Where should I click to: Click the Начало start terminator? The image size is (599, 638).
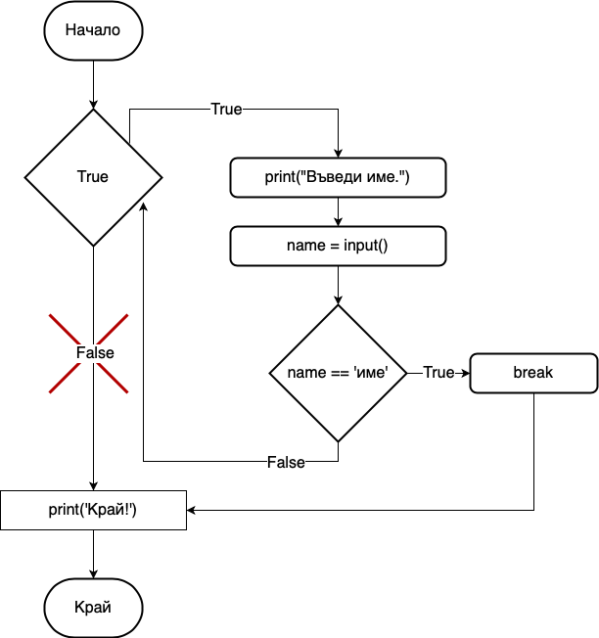[x=93, y=29]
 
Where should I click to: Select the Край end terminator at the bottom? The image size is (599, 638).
[x=93, y=607]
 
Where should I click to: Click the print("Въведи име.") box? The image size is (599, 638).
[x=338, y=177]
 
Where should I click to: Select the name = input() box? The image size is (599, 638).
[x=338, y=246]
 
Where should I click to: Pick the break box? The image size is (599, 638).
[x=533, y=373]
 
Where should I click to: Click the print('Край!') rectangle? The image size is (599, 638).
[x=93, y=510]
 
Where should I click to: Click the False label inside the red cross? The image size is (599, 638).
[x=95, y=352]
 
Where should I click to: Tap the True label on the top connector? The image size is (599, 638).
[x=226, y=109]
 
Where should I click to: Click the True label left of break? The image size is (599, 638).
[x=438, y=373]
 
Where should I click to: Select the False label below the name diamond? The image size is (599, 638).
[x=286, y=461]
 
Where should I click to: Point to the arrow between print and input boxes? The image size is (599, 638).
[x=338, y=211]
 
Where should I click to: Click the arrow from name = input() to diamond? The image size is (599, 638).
[x=338, y=285]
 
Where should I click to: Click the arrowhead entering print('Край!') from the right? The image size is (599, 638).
[x=192, y=510]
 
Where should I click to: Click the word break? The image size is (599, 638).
[x=533, y=373]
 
